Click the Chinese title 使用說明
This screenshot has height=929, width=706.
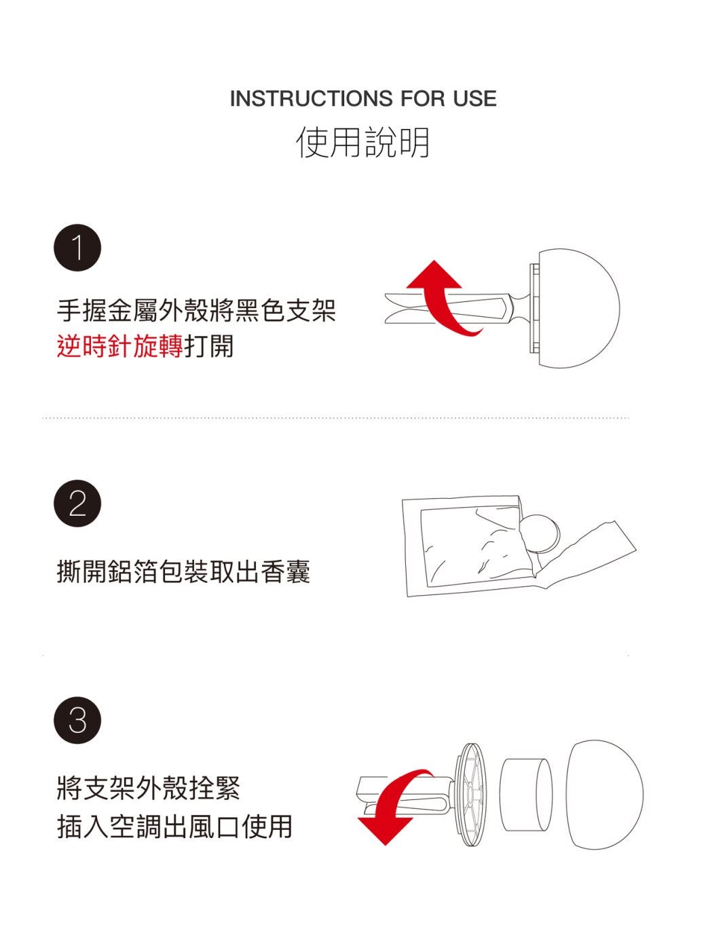pos(363,143)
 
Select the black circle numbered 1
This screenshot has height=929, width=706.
pos(77,248)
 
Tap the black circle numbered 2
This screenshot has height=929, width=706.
pos(77,504)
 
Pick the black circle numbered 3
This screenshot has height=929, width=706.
pos(77,721)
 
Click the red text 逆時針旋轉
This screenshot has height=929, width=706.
pos(119,346)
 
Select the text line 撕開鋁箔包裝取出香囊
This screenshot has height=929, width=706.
pos(183,571)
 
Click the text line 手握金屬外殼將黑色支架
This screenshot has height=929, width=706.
pos(196,310)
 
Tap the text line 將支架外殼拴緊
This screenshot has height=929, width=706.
pos(148,788)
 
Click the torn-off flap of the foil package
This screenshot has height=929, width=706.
pos(593,554)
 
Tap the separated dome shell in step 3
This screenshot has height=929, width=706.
pos(604,795)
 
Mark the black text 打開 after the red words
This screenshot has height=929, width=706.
pos(208,346)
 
